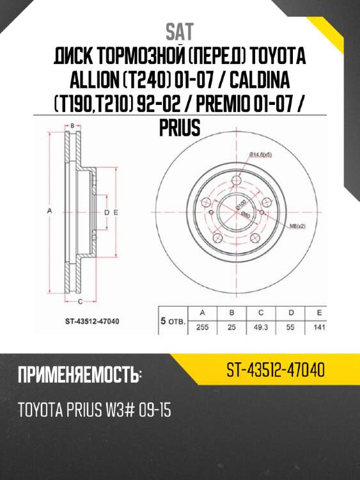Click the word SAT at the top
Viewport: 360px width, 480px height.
click(179, 31)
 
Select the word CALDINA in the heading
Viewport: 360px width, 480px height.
click(262, 81)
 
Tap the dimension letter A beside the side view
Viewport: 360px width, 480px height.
click(50, 212)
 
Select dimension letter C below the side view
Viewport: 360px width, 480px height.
click(79, 300)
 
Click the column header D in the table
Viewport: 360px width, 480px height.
click(291, 313)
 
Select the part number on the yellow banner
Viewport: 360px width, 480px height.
click(276, 370)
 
